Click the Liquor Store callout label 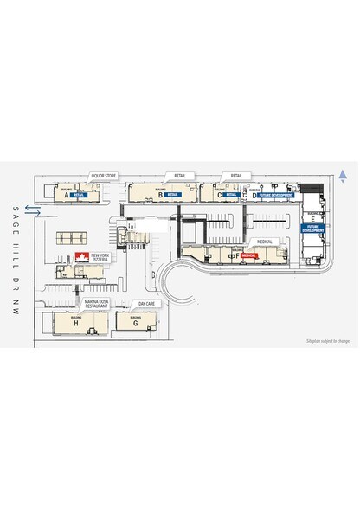(x=104, y=176)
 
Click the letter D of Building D (x=254, y=197)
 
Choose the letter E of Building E (x=312, y=219)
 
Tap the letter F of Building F (x=237, y=257)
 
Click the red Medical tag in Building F (x=251, y=256)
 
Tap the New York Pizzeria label (x=101, y=258)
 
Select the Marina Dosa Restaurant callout (x=96, y=305)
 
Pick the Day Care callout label (x=146, y=305)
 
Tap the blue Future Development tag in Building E (x=312, y=229)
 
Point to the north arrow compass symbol (x=344, y=177)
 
